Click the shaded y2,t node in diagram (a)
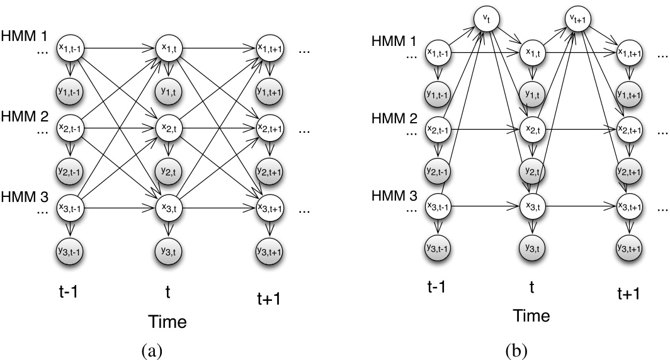pos(169,171)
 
